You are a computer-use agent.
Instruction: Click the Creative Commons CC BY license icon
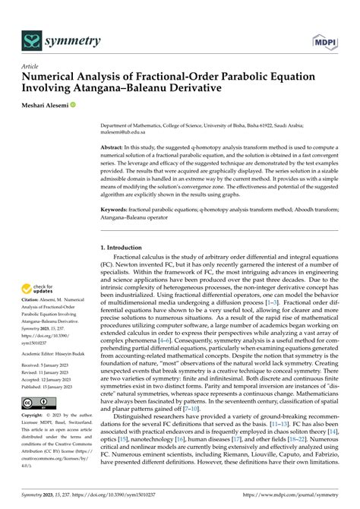click(x=40, y=423)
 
